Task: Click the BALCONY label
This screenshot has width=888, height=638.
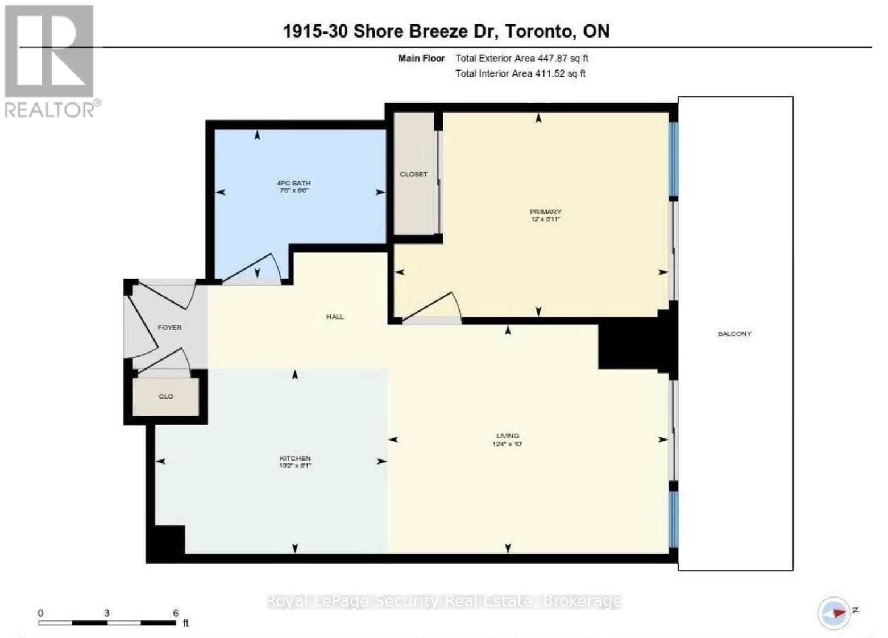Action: point(735,334)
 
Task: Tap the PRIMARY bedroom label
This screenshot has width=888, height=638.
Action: point(545,212)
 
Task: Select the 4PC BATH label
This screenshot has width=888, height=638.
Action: point(293,183)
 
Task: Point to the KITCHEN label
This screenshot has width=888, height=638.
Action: point(295,458)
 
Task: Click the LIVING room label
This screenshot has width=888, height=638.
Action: point(508,436)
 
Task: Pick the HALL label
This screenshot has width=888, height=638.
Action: point(335,317)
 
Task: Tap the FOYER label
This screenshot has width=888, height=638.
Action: point(169,328)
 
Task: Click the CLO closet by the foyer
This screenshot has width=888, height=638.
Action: point(165,396)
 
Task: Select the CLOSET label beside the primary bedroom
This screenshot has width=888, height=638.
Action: point(413,174)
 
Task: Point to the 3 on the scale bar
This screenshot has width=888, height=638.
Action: point(107,613)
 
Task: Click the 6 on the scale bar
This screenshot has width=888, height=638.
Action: point(176,613)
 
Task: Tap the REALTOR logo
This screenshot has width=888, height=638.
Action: point(50,60)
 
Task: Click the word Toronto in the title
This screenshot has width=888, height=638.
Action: point(540,31)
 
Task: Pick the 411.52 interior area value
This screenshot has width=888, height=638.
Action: point(550,73)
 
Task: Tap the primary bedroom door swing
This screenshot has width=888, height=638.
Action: point(435,310)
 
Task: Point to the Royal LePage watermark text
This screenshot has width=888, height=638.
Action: point(443,601)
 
